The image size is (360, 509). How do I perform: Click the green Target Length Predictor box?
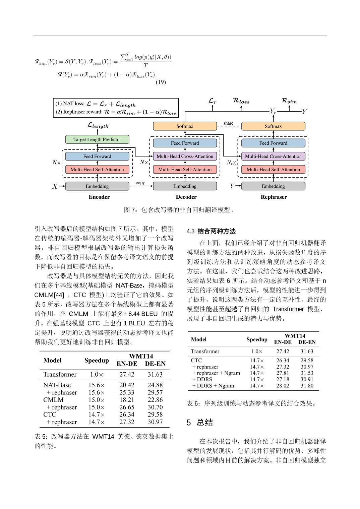97,139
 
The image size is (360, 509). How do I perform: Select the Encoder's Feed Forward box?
97,156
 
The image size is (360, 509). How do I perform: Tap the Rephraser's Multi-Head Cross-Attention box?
273,156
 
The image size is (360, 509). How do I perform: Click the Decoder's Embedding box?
185,186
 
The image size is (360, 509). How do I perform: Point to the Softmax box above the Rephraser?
273,126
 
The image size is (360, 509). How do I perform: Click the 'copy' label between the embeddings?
140,183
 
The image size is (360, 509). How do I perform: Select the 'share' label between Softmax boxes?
228,123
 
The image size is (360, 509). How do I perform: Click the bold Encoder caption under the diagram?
99,197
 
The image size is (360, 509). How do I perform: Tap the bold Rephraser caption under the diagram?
274,197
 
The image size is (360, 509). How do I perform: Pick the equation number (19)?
161,82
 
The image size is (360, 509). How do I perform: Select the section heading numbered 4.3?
211,231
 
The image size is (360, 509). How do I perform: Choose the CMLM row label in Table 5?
53,400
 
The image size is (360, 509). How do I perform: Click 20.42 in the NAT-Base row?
127,385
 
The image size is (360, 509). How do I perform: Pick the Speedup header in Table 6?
257,339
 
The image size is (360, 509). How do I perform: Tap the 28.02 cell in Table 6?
283,386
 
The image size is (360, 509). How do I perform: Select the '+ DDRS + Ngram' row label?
213,386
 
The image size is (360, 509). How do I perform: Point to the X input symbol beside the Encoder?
55,187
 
